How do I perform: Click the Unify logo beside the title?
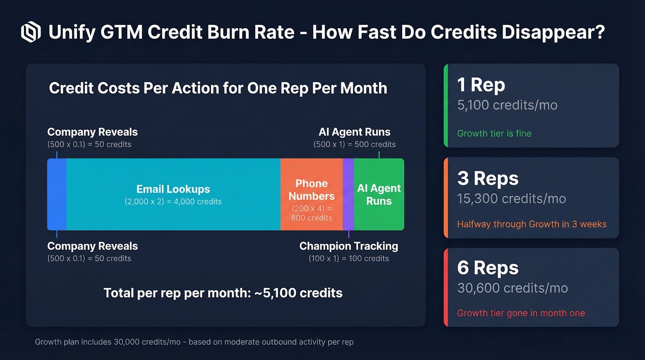click(x=31, y=32)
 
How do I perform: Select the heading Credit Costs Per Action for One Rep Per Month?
click(x=218, y=88)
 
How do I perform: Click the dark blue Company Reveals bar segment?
click(x=57, y=194)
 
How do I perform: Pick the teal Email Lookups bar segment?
click(x=173, y=194)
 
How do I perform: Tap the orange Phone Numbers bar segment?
click(x=311, y=194)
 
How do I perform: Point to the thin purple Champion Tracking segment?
click(x=348, y=194)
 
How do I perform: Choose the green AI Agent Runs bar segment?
click(x=379, y=194)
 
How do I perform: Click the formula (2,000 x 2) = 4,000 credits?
click(x=173, y=201)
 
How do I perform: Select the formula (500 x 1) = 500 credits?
click(x=354, y=144)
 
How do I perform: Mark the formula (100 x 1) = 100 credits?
click(x=349, y=259)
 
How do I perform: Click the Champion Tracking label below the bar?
click(x=349, y=246)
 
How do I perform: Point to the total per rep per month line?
click(x=223, y=293)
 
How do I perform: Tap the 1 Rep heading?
click(x=481, y=85)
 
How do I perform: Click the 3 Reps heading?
click(x=488, y=178)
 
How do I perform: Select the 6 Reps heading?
click(x=488, y=268)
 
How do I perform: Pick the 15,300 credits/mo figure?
click(x=511, y=199)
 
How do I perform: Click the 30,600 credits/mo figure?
click(x=512, y=288)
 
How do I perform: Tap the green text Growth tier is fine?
click(x=494, y=134)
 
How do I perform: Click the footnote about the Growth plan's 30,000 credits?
click(x=194, y=342)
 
